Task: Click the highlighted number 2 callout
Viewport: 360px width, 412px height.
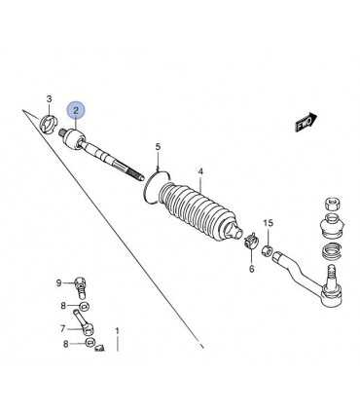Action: pos(76,110)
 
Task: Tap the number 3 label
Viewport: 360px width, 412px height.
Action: pos(49,99)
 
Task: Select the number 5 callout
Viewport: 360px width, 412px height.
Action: pos(158,147)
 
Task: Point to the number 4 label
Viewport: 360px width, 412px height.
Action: pos(200,171)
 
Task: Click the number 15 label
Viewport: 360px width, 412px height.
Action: pos(269,223)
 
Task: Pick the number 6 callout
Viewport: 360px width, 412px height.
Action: pos(252,269)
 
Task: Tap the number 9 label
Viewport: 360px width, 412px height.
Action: pos(58,283)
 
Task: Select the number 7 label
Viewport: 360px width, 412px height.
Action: pos(63,329)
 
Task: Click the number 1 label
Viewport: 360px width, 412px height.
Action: pos(118,331)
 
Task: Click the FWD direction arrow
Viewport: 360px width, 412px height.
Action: pos(306,122)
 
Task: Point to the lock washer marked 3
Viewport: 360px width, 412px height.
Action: pos(48,124)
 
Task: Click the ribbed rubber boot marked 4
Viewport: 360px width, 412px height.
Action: pos(199,212)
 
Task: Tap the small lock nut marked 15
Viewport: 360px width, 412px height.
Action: pos(267,250)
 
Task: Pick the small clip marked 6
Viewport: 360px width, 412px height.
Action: pos(250,242)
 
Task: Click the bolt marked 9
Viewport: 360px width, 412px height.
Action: pos(80,287)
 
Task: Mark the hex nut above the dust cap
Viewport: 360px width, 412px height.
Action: pos(332,204)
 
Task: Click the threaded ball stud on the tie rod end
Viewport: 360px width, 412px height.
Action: pos(331,275)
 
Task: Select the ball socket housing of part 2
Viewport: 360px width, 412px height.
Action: pos(73,140)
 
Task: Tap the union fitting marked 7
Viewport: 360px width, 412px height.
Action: pos(85,323)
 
